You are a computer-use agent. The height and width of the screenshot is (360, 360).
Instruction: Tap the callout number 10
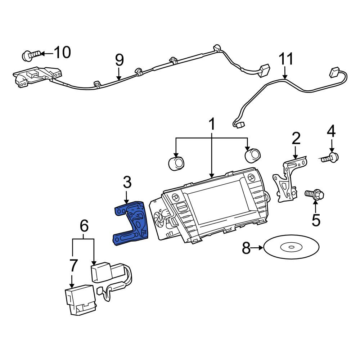coord(62,53)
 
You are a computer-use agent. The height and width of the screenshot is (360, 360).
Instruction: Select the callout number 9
coord(120,60)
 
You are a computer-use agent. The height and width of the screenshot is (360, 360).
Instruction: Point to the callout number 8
coord(246,248)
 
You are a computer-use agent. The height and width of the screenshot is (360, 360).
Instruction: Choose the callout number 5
coord(316,220)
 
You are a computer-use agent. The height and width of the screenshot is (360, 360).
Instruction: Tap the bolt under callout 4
coord(329,158)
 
